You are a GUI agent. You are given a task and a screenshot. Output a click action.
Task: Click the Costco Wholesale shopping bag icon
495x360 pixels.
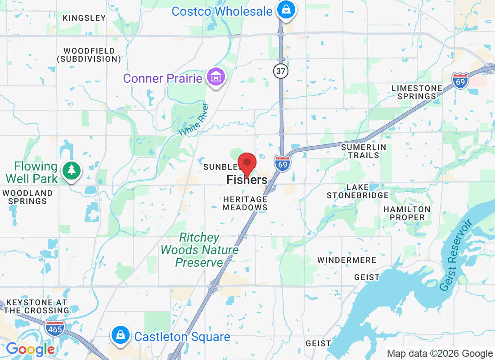point(285,9)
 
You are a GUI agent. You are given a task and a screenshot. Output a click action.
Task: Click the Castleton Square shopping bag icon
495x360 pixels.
point(121,336)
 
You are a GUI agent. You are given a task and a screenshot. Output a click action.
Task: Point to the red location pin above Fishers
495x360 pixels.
point(247,164)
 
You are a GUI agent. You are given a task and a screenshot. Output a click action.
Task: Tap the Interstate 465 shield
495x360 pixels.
point(55,327)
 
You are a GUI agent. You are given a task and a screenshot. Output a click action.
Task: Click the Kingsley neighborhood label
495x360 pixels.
point(85,18)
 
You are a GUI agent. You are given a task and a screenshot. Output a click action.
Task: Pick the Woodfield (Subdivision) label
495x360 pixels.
point(89,55)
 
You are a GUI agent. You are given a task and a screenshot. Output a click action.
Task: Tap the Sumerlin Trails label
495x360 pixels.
point(364,151)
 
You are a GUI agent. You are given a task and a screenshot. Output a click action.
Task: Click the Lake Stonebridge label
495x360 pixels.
point(358,191)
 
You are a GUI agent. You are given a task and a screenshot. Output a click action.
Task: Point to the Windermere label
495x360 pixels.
point(346,260)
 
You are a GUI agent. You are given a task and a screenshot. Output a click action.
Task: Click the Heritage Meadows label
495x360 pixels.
point(245,203)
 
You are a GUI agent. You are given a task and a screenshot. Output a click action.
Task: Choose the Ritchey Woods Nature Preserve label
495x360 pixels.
point(199,250)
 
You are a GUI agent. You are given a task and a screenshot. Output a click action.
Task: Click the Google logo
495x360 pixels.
point(30,349)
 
